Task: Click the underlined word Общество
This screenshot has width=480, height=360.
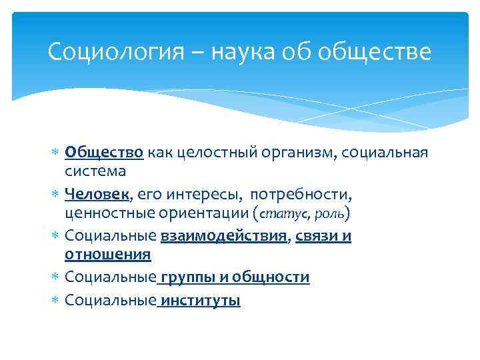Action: click(104, 153)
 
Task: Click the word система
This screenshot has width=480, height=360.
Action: click(95, 171)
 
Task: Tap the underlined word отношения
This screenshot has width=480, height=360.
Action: click(108, 255)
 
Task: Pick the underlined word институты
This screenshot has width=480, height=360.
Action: click(200, 301)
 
